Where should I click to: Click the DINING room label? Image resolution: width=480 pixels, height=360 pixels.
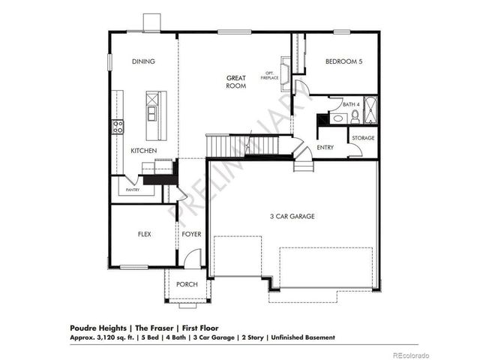[x=143, y=62]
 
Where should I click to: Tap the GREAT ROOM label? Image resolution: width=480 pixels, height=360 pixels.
[x=237, y=82]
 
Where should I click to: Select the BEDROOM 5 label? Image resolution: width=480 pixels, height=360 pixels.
[x=344, y=63]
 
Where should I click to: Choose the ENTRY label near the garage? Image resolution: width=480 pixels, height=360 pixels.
[x=325, y=148]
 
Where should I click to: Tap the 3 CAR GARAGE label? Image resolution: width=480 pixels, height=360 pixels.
[x=292, y=217]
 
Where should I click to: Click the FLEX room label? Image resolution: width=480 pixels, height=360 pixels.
[x=145, y=235]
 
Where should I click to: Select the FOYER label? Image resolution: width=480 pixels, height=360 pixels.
[x=191, y=235]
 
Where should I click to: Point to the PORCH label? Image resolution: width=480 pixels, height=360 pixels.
[x=187, y=284]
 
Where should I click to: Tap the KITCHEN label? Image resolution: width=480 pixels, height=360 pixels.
[x=143, y=151]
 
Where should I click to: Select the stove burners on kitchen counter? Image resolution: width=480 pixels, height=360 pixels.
[x=117, y=127]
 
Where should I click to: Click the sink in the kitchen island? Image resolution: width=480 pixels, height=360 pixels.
[x=153, y=113]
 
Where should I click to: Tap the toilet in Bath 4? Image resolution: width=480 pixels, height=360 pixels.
[x=356, y=117]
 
